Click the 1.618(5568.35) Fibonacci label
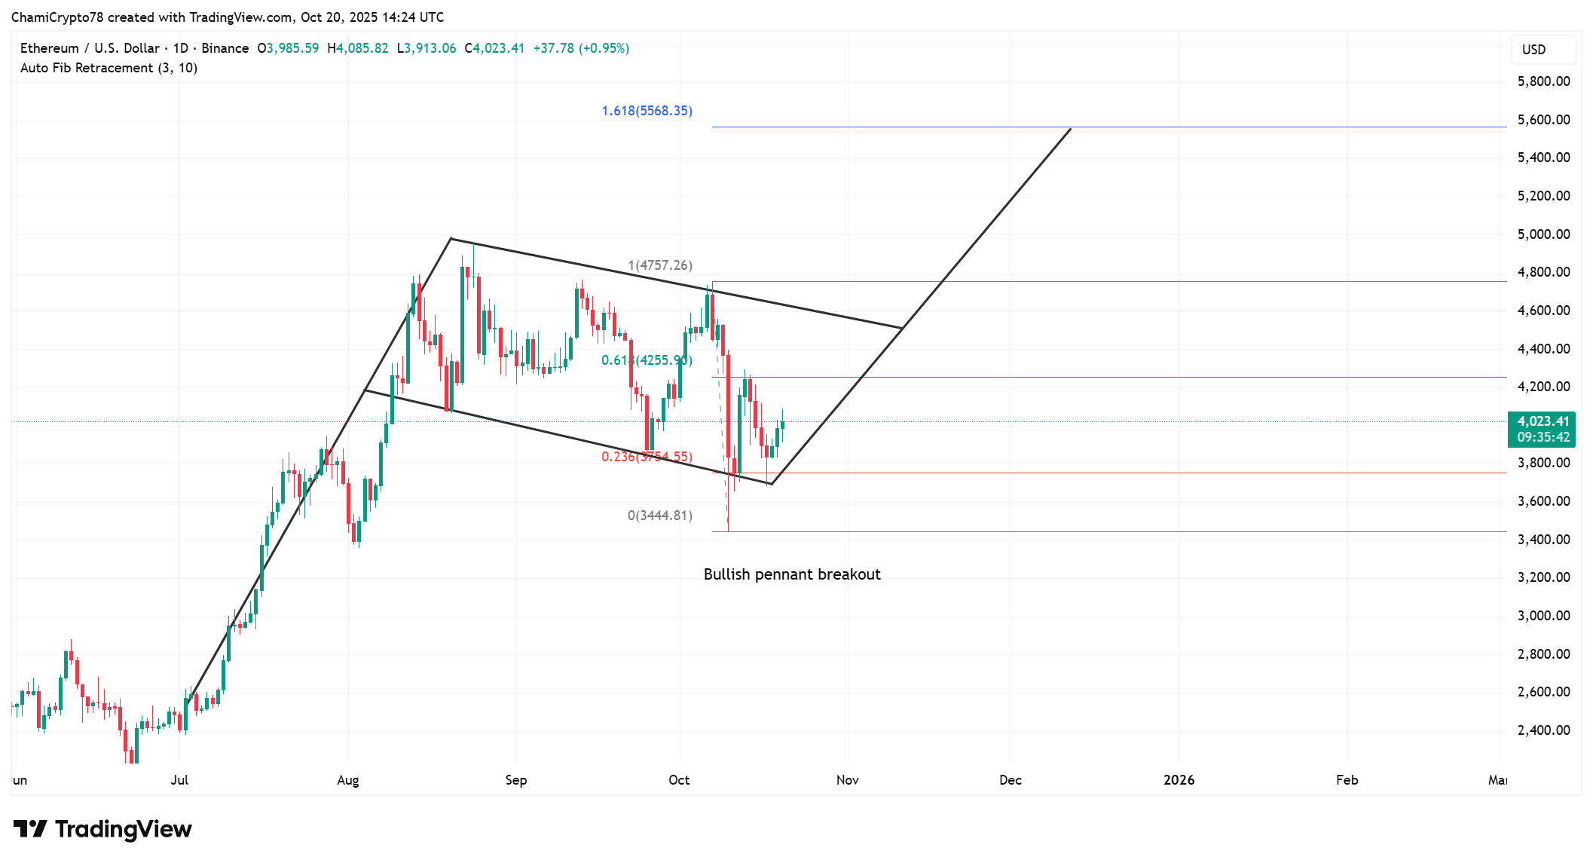point(647,111)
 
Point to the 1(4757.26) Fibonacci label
point(660,265)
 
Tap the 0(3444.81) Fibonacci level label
point(659,516)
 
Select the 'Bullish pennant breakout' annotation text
point(791,574)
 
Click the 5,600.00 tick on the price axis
point(1543,120)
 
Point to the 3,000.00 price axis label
point(1543,616)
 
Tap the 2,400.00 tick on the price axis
point(1543,730)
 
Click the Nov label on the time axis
point(847,780)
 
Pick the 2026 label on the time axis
point(1179,780)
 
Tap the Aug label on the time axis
point(347,780)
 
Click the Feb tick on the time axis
point(1347,780)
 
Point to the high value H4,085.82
point(358,48)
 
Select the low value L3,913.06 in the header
point(427,48)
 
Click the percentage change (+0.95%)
point(604,48)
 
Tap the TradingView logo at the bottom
point(102,829)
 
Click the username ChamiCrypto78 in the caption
point(57,17)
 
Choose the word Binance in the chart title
point(225,48)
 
